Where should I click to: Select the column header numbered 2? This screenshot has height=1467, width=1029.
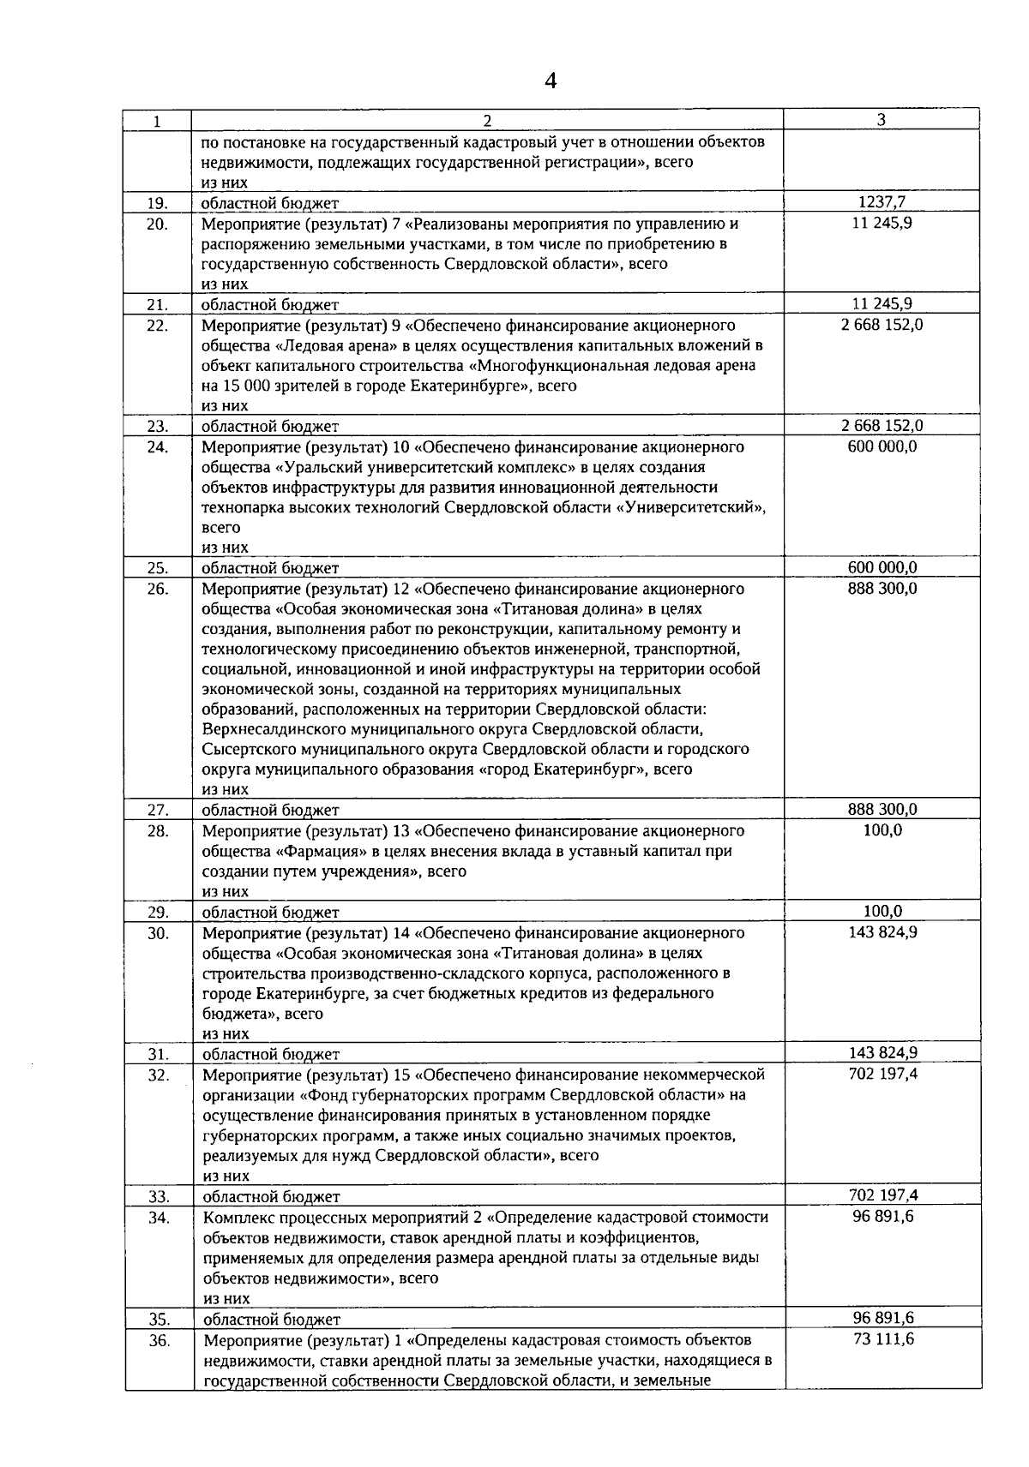click(487, 121)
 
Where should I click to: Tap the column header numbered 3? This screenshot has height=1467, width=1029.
click(882, 120)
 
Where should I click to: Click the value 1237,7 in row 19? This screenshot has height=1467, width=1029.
click(882, 202)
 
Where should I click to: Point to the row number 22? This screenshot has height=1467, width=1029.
click(157, 326)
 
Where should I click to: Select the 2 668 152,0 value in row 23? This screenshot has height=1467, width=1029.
click(882, 425)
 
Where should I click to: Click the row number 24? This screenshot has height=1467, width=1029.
click(157, 446)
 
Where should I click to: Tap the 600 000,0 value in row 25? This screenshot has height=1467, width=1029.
click(882, 566)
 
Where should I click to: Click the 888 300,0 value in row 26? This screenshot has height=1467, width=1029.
click(882, 588)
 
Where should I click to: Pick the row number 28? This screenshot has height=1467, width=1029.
click(157, 830)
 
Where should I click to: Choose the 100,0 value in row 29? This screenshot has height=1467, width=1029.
click(882, 911)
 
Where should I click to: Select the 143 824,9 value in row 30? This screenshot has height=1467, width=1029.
click(882, 931)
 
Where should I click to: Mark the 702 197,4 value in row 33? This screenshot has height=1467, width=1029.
click(882, 1195)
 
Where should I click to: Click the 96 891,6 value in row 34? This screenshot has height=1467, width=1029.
click(883, 1216)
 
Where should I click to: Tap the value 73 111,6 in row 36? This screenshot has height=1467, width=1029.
click(883, 1338)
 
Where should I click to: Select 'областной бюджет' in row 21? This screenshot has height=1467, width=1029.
click(270, 304)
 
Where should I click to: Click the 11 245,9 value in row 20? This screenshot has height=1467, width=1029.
click(882, 223)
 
